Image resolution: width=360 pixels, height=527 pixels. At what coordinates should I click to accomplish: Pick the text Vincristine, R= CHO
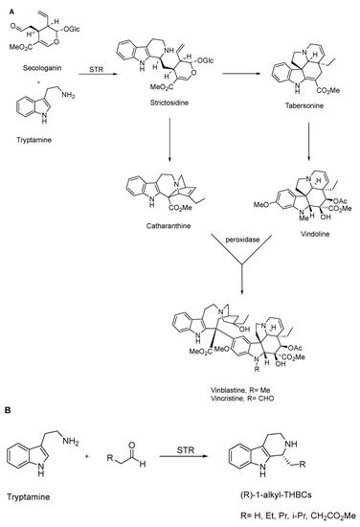point(241,369)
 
